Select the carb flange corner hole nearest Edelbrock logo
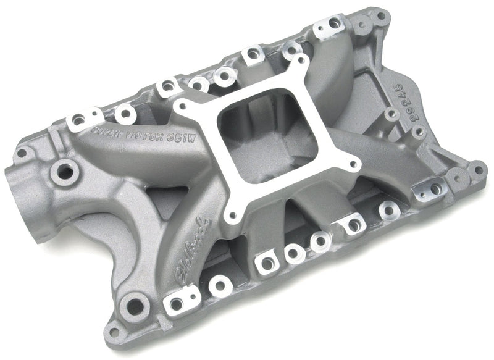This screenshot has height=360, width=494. click(232, 216)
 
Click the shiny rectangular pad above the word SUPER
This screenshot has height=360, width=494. click(84, 118)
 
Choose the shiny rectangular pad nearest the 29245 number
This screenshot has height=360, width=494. click(431, 188)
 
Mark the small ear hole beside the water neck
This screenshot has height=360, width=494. click(22, 153)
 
